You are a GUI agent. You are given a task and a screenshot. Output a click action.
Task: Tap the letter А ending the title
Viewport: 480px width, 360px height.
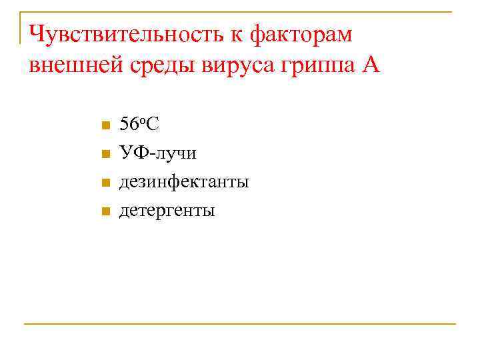(372, 66)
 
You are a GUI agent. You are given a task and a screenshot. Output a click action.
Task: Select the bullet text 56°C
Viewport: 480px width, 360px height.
(138, 125)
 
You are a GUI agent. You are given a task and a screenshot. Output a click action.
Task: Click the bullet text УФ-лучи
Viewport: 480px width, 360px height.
(157, 153)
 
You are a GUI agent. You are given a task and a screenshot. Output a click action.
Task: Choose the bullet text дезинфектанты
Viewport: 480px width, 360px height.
(184, 182)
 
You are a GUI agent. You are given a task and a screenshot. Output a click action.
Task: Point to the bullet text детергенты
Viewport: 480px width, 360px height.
(167, 211)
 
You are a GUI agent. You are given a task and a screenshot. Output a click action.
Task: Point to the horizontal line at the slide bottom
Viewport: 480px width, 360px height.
(240, 324)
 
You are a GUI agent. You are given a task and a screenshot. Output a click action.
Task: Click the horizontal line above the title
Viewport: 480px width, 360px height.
(240, 12)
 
